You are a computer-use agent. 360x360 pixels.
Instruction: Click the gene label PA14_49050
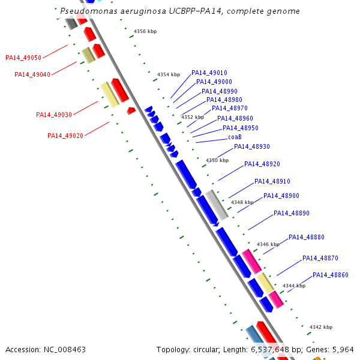coord(23,58)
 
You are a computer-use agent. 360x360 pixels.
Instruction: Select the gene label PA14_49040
coord(32,74)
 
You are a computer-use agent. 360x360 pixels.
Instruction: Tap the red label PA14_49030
coord(54,115)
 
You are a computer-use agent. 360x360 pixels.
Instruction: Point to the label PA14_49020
coord(65,136)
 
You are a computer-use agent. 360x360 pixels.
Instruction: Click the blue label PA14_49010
coord(209,73)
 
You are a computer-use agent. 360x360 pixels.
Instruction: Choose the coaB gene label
coord(235,137)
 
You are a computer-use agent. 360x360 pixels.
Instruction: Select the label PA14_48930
coord(252,146)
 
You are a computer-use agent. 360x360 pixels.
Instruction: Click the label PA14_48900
coord(281,196)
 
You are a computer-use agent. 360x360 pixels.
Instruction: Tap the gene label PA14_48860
coord(331,275)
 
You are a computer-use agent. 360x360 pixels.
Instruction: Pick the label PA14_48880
coord(307,237)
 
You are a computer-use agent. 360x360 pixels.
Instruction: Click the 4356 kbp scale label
coord(145,31)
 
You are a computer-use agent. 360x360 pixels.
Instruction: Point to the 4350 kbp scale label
coord(217,160)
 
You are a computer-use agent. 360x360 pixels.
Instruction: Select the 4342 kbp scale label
coord(320,327)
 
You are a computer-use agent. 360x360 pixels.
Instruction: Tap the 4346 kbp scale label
coord(268,244)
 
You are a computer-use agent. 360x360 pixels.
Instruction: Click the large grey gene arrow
coord(217,205)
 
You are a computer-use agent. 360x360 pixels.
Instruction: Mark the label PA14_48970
coord(230,108)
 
